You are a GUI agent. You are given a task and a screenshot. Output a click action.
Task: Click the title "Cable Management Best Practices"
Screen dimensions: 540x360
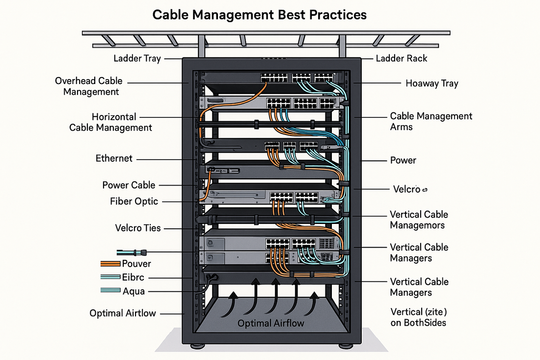(259, 15)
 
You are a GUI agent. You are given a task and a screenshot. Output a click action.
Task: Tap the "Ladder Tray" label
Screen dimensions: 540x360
(137, 58)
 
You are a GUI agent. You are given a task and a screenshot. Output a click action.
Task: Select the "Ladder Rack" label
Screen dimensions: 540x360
(401, 58)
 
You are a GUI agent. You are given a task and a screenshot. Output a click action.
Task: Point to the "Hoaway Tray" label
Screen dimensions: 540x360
(432, 83)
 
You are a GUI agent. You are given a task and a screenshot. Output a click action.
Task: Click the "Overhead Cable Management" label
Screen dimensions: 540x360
(89, 86)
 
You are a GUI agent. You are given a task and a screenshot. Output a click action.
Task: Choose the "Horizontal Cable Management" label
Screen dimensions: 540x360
(110, 122)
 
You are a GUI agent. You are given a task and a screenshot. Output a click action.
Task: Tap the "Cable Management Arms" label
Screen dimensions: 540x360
(431, 121)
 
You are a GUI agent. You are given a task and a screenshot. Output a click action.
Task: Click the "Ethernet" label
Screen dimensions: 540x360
(114, 158)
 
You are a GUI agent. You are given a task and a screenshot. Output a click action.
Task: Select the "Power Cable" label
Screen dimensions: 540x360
(129, 185)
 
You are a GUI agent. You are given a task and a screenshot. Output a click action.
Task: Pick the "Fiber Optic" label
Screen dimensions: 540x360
(134, 201)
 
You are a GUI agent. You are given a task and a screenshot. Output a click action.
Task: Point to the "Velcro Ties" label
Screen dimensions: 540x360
(138, 228)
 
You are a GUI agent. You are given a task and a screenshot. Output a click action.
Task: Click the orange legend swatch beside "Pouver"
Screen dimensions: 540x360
(110, 264)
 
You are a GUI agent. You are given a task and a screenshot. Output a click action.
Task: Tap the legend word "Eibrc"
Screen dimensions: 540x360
(133, 277)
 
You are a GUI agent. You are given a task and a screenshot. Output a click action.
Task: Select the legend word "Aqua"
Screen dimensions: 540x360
(134, 291)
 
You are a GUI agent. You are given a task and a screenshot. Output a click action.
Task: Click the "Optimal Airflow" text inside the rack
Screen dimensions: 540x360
(270, 323)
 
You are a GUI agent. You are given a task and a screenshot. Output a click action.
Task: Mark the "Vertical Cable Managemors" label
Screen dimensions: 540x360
(419, 220)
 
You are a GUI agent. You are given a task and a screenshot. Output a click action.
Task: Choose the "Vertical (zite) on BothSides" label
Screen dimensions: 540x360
(418, 317)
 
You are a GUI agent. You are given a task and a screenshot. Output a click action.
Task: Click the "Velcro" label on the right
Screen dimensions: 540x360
(407, 189)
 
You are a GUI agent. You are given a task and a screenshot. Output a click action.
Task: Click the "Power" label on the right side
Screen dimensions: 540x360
(403, 160)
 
